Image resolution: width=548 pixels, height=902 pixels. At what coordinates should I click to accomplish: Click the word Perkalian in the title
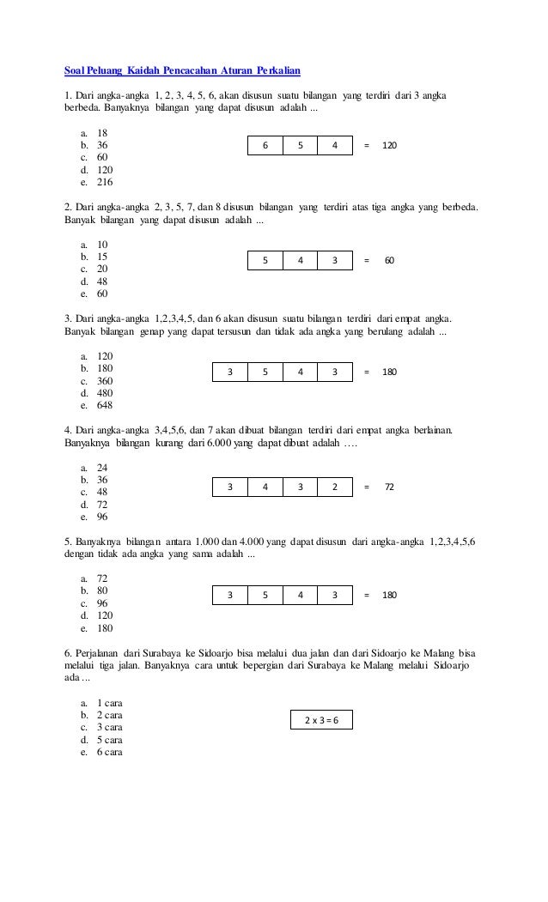[274, 69]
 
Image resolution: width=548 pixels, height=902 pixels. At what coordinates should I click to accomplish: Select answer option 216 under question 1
[104, 182]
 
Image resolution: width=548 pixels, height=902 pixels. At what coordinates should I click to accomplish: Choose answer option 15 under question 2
[102, 256]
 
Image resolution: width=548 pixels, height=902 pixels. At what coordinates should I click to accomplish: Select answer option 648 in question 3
[106, 405]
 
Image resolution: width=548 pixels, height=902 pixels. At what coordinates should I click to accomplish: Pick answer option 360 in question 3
[106, 381]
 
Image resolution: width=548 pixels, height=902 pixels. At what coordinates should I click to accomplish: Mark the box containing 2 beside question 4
[335, 487]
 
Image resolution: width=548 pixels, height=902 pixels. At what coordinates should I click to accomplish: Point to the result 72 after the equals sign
[389, 487]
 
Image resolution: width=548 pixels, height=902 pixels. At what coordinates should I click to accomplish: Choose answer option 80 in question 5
[102, 591]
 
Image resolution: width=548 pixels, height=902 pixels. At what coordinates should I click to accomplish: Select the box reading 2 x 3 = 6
[322, 720]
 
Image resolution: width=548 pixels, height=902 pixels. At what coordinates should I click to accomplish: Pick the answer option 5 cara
[109, 740]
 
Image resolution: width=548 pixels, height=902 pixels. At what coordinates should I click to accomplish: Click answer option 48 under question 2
[102, 281]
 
